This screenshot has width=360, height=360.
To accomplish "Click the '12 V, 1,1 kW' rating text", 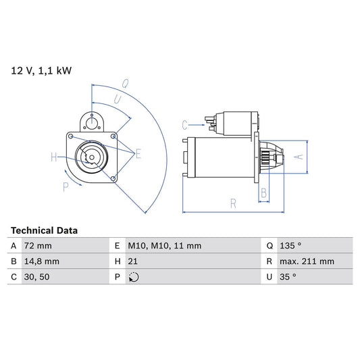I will (41, 70).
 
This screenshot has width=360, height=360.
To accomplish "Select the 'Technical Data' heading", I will (44, 230).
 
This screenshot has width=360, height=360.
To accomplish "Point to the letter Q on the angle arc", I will (126, 84).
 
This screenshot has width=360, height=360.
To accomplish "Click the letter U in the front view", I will (118, 99).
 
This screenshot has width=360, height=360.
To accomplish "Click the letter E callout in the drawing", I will (138, 155).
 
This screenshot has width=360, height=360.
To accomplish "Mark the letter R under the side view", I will (233, 202).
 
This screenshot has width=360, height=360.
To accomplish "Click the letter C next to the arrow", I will (184, 124).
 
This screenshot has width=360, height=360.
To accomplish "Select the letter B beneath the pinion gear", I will (263, 193).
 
